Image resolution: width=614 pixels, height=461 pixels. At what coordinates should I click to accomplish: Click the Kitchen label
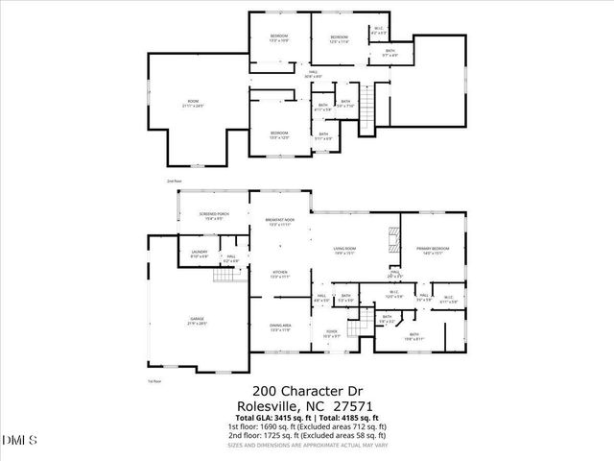(x=280, y=274)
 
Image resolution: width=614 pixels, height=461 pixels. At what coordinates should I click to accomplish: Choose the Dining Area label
(x=280, y=328)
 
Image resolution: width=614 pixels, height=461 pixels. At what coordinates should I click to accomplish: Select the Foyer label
(x=332, y=334)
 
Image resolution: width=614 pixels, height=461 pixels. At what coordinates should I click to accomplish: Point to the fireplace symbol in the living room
(x=390, y=237)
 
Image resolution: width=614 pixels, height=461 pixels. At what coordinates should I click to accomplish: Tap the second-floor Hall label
(x=313, y=73)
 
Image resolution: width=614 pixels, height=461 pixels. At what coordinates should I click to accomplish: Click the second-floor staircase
(x=366, y=114)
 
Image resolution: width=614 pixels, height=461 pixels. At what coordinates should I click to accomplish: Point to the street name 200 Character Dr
(x=306, y=391)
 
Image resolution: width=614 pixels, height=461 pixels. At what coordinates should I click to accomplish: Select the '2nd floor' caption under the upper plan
(x=174, y=181)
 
